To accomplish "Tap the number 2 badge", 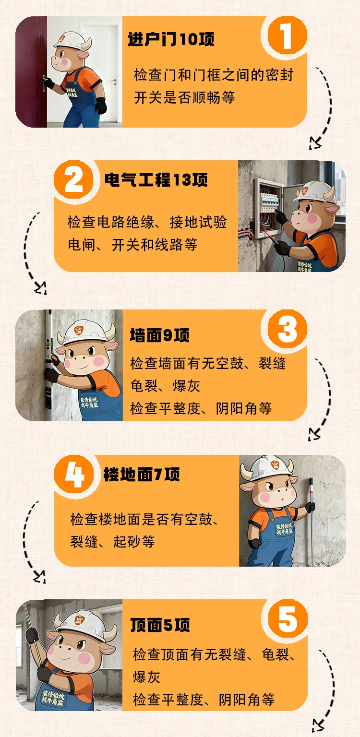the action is [x=73, y=180].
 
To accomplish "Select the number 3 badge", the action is [x=287, y=329].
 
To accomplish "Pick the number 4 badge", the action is [x=74, y=475].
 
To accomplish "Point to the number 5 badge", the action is [x=288, y=619].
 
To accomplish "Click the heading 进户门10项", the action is [x=171, y=39].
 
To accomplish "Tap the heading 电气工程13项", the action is [x=156, y=180].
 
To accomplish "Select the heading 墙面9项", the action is [x=159, y=335].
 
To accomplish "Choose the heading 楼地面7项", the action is [x=142, y=475].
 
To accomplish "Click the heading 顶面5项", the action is [x=160, y=624].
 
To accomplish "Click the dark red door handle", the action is [x=45, y=83].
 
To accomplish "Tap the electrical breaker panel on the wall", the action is [x=268, y=207].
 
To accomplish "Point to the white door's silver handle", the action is [x=114, y=80].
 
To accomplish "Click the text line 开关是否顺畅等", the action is [x=184, y=97].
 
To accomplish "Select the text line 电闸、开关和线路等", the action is [x=132, y=244].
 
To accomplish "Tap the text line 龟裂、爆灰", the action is [x=165, y=386].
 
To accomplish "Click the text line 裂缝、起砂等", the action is [x=112, y=541].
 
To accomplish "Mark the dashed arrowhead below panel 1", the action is [x=314, y=144].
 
